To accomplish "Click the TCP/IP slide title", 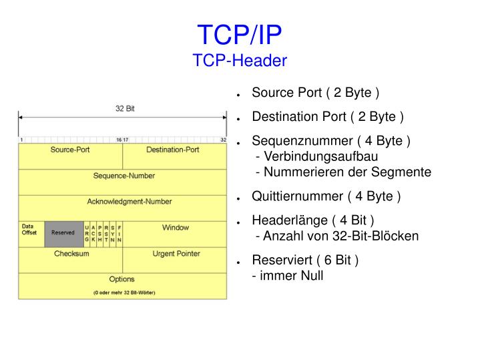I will tap(240, 33).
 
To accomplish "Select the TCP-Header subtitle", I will tap(240, 61).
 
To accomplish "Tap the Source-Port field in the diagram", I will tap(70, 150).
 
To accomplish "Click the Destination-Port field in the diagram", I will tap(172, 150).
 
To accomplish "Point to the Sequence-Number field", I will tap(124, 176).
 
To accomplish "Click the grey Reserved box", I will tap(63, 233).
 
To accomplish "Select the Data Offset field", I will tap(29, 230).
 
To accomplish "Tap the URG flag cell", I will tap(87, 234).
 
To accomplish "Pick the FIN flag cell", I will tap(119, 234).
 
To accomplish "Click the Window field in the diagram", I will tap(175, 228).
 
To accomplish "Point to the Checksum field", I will tap(71, 254).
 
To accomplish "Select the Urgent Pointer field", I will tap(176, 254).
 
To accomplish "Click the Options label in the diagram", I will tap(122, 279).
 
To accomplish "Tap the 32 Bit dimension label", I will tap(124, 108).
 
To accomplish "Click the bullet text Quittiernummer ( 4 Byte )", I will tap(326, 197).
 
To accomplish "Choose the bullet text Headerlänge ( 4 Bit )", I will tap(312, 221).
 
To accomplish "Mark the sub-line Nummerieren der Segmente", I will tap(344, 172).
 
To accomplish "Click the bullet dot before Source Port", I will tap(238, 94).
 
